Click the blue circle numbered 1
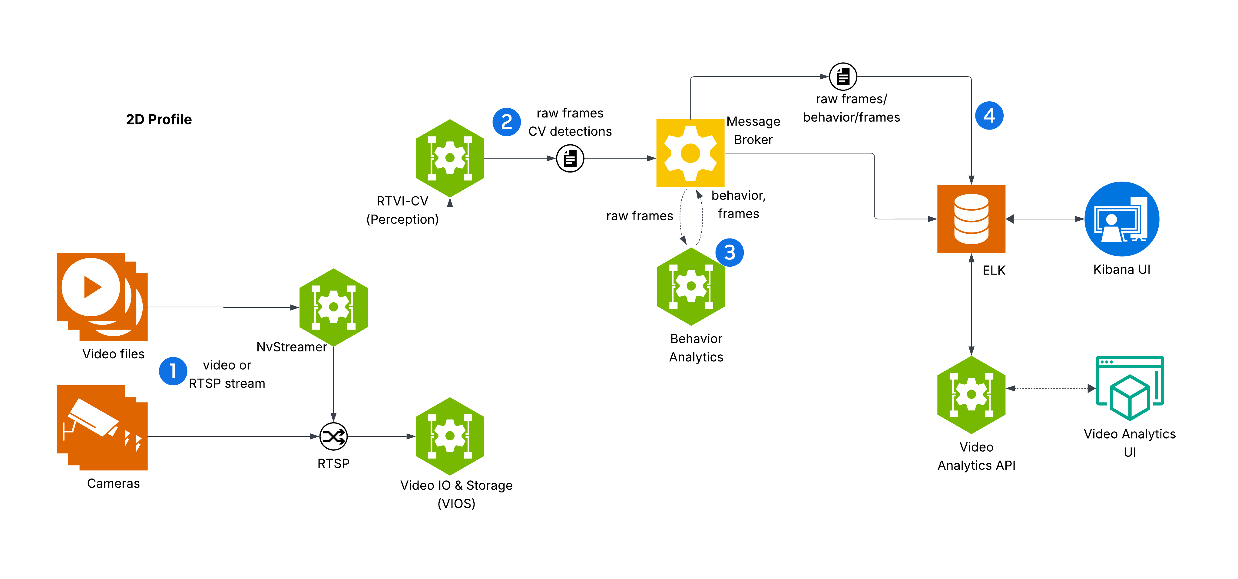(173, 371)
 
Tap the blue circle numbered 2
(507, 122)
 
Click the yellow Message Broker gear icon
(690, 153)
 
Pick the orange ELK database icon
(971, 219)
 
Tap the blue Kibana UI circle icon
(1122, 219)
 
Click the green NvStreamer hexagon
(333, 307)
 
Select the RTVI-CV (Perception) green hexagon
(450, 158)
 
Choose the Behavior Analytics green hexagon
(691, 286)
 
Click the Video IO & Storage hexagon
(450, 436)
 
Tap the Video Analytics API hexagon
(971, 394)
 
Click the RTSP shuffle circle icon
(333, 436)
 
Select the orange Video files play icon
(102, 297)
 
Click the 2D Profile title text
(159, 120)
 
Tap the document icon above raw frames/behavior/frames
(843, 76)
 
